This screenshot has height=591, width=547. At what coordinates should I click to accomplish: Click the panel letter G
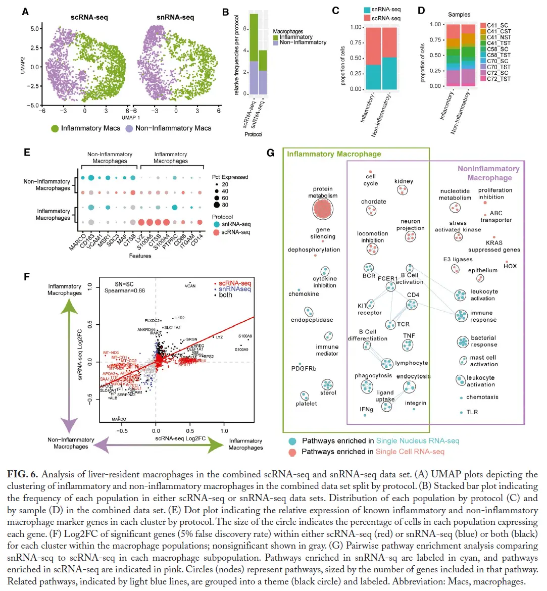click(270, 153)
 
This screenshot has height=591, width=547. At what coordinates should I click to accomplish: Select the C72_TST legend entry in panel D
click(498, 79)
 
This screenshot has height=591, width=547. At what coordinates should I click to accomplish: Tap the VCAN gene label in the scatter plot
click(190, 286)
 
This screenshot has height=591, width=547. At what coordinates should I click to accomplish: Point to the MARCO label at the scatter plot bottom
click(119, 419)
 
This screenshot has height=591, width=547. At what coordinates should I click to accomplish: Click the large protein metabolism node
click(323, 209)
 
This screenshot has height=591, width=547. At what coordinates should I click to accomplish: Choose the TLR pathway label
click(472, 412)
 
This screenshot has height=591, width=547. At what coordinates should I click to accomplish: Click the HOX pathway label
click(510, 266)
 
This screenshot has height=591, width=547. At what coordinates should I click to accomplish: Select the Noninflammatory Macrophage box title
click(488, 173)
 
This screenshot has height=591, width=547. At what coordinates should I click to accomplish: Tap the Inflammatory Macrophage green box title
click(334, 154)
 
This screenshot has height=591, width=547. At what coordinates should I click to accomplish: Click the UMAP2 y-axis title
click(23, 65)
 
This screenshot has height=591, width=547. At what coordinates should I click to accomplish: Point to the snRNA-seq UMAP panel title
click(175, 17)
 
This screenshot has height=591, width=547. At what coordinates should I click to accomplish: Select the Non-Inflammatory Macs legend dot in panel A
click(130, 128)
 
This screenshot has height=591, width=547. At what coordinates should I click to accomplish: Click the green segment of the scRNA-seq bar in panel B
click(254, 37)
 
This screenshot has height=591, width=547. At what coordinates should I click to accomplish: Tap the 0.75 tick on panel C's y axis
click(356, 43)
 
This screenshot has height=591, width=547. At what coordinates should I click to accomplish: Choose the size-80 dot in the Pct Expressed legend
click(217, 205)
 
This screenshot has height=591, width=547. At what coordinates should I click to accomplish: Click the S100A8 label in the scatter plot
click(245, 336)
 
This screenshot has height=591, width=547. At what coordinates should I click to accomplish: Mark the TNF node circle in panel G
click(408, 346)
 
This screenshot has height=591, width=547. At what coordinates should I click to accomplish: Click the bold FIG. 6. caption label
click(23, 474)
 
